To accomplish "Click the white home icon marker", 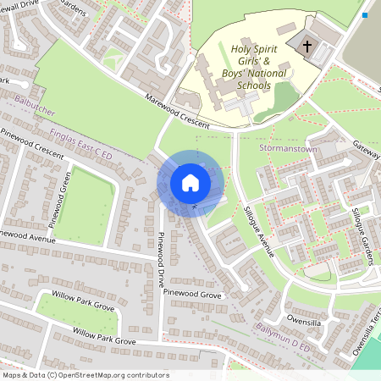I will [190, 182].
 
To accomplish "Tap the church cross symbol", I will [306, 47].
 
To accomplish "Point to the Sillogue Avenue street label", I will [258, 229].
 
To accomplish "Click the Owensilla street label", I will [303, 321].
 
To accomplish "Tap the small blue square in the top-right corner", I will [365, 15].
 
